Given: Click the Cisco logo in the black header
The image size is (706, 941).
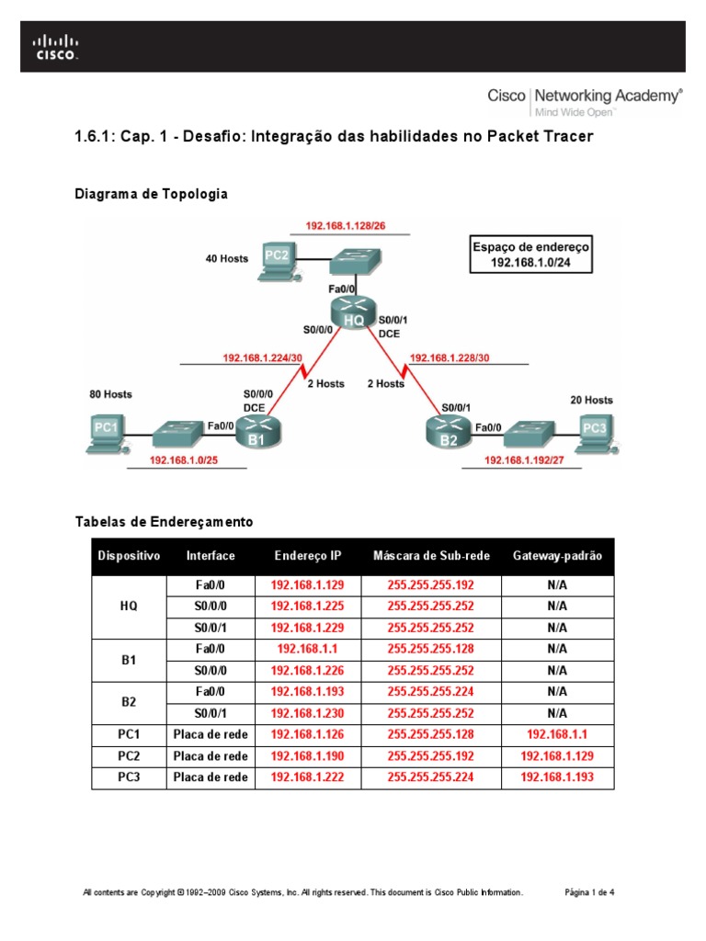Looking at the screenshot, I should [x=56, y=47].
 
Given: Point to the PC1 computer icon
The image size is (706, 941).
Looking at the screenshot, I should [x=106, y=433].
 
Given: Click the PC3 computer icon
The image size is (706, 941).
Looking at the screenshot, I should [x=593, y=431].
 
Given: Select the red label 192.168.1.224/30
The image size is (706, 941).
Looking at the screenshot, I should [x=262, y=357].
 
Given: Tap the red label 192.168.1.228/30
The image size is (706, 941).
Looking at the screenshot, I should [x=449, y=357].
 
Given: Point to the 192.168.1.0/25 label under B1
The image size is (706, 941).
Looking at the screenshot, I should [x=186, y=459].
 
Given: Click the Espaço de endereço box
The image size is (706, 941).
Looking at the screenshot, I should [x=530, y=255].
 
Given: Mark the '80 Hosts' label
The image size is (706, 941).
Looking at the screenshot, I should [x=110, y=394].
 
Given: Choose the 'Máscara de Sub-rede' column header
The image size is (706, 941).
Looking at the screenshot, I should [x=431, y=556].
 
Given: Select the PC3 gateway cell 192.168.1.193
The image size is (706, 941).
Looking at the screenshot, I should [x=556, y=777].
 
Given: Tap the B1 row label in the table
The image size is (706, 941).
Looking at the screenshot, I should [x=129, y=659].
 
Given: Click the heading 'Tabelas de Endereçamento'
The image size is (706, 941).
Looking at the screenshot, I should [x=163, y=522].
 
